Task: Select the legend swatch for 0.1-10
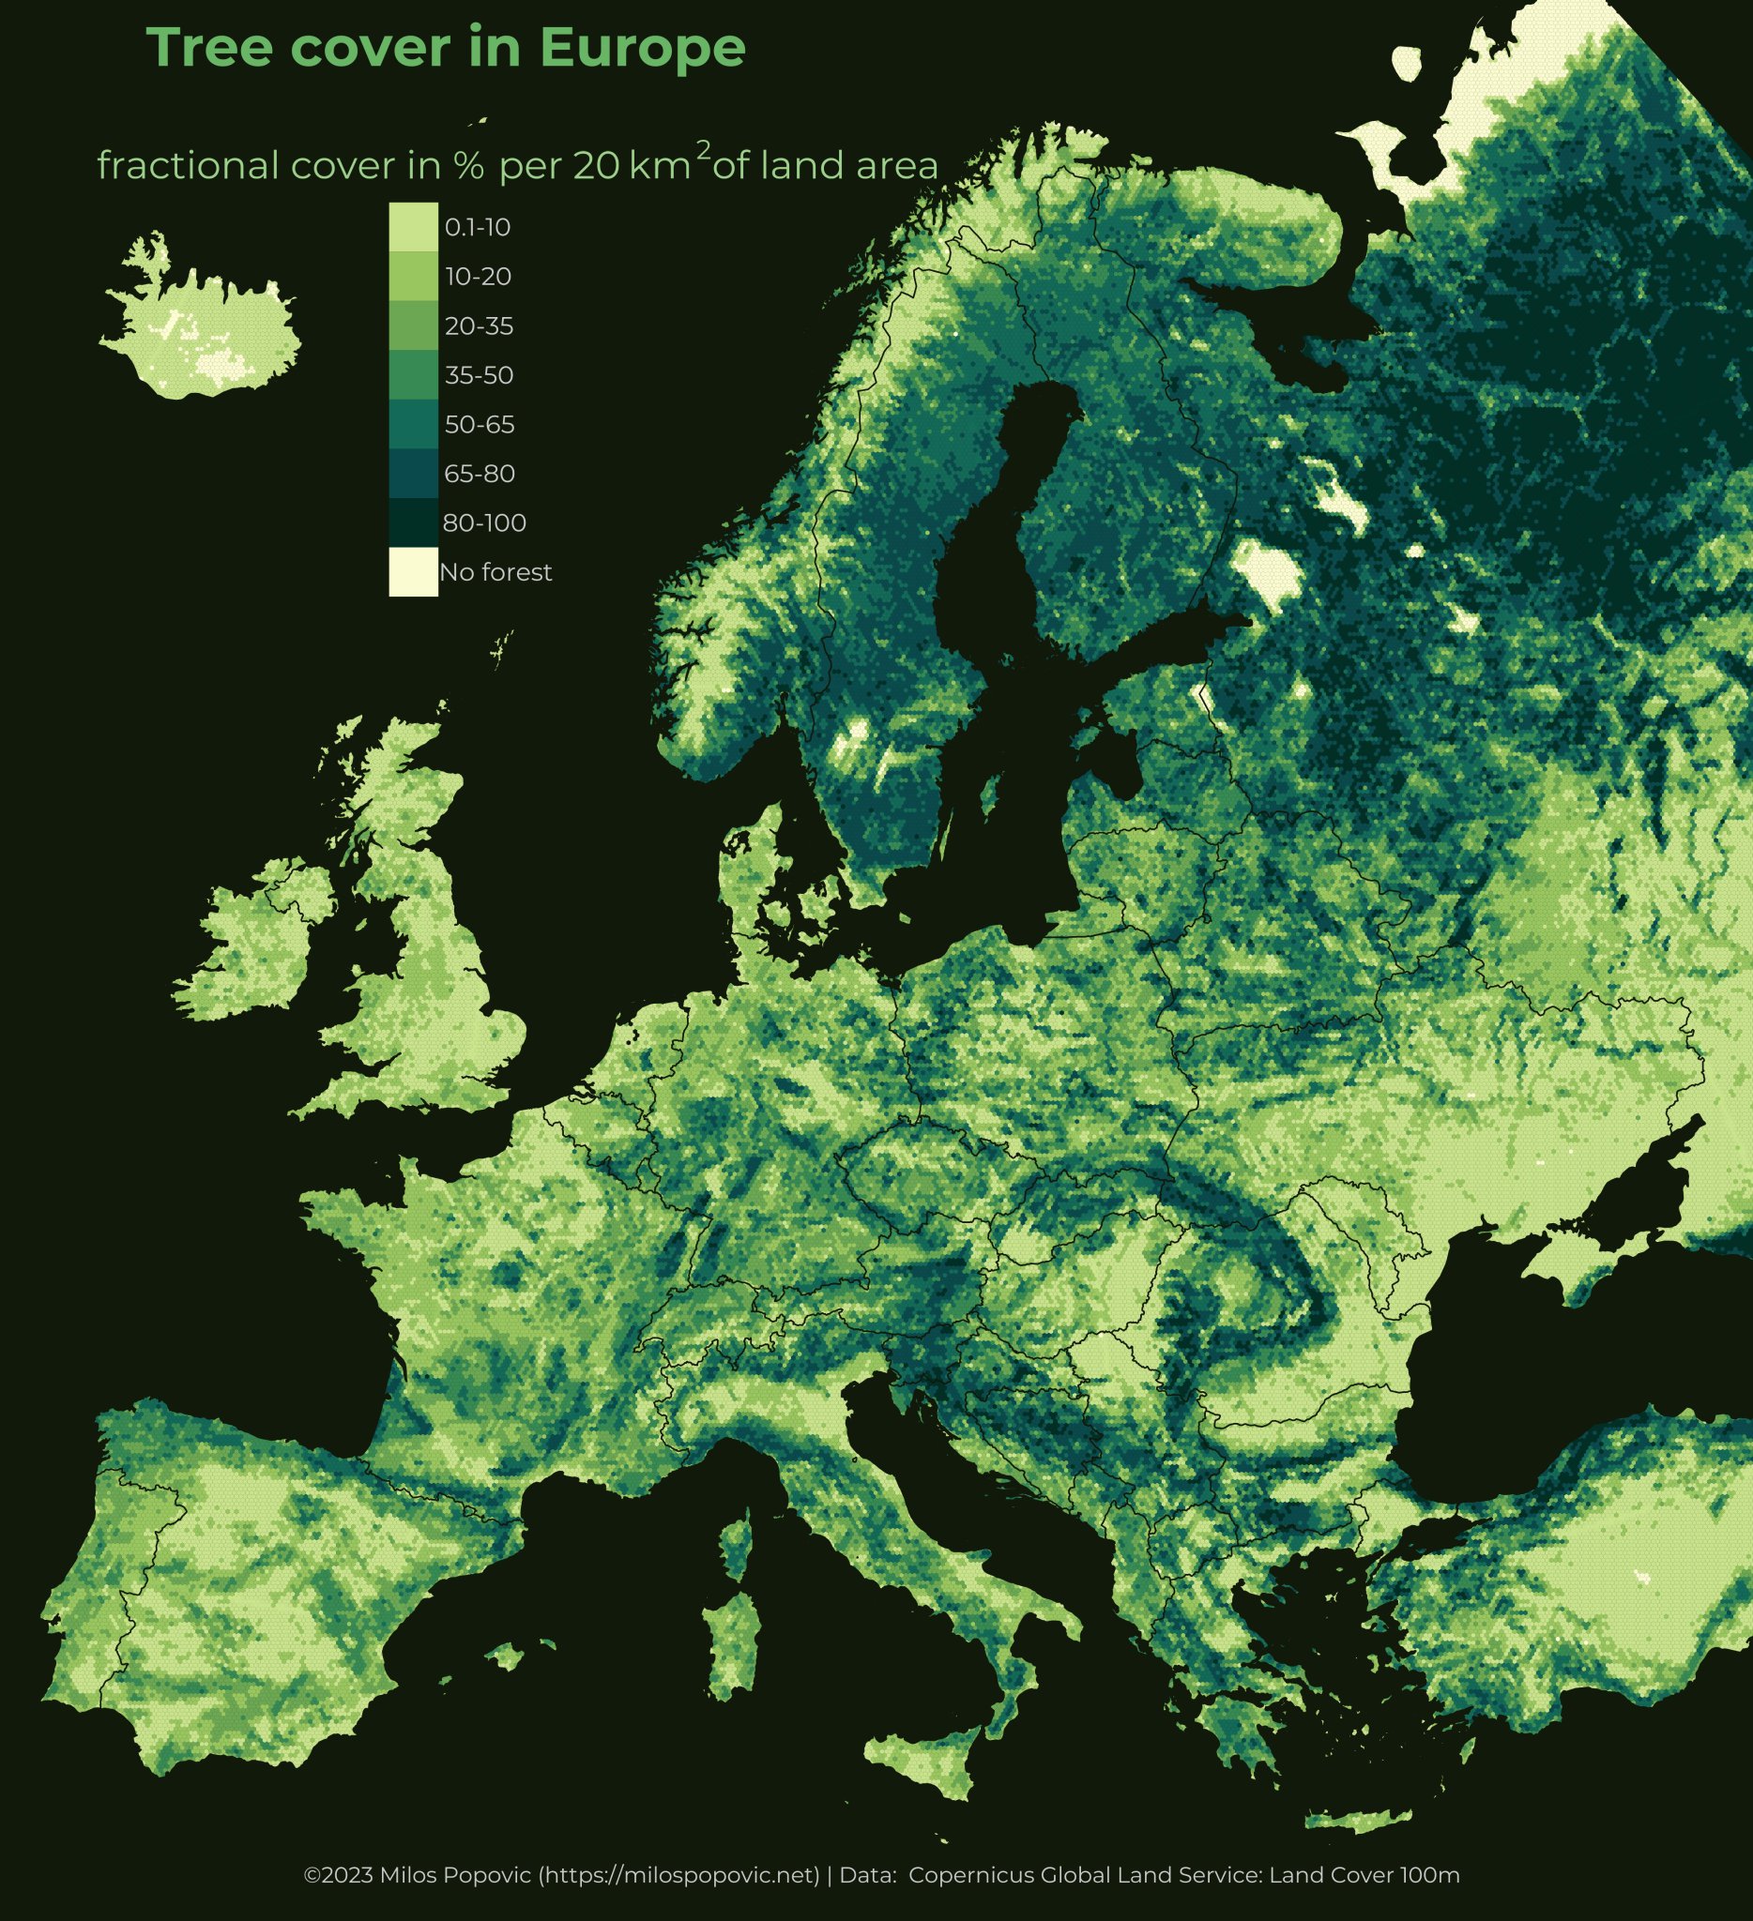[413, 227]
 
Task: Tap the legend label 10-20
[478, 277]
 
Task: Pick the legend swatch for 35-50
[413, 374]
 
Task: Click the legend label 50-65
[480, 424]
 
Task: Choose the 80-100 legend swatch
[413, 522]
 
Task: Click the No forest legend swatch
[413, 572]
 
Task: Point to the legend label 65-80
[480, 474]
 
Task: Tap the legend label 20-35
[479, 325]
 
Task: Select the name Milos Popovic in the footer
[457, 1875]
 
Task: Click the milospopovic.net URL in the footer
[679, 1875]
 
